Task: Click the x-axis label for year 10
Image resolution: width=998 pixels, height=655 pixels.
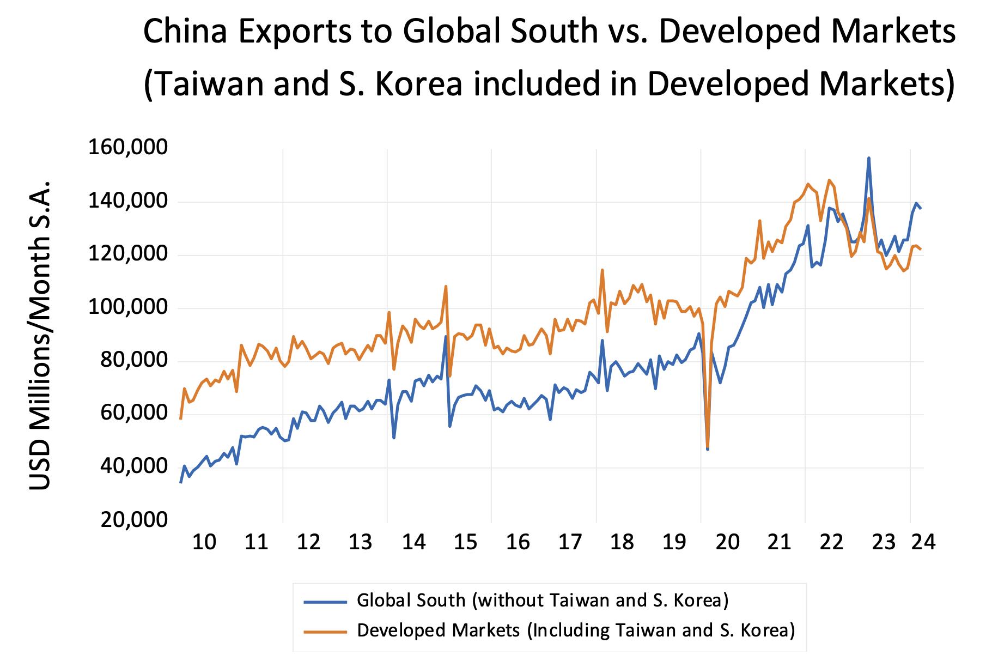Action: tap(204, 543)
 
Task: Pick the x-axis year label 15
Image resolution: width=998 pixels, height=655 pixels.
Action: tap(465, 543)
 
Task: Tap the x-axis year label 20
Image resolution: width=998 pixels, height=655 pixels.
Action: tap(727, 543)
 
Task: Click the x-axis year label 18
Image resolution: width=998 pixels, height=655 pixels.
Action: tap(622, 543)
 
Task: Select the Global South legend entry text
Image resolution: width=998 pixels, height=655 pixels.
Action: tap(543, 600)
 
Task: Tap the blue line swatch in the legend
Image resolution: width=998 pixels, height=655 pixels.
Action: tap(325, 601)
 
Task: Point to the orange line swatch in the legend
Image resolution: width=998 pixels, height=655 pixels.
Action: tap(325, 632)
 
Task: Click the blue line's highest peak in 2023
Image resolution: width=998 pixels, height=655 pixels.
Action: tap(868, 158)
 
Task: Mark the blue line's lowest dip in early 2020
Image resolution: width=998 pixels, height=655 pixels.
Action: tap(707, 449)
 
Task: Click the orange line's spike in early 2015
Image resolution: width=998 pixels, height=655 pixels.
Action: tap(446, 286)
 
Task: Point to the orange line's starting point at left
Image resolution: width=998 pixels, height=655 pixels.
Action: tap(180, 419)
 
